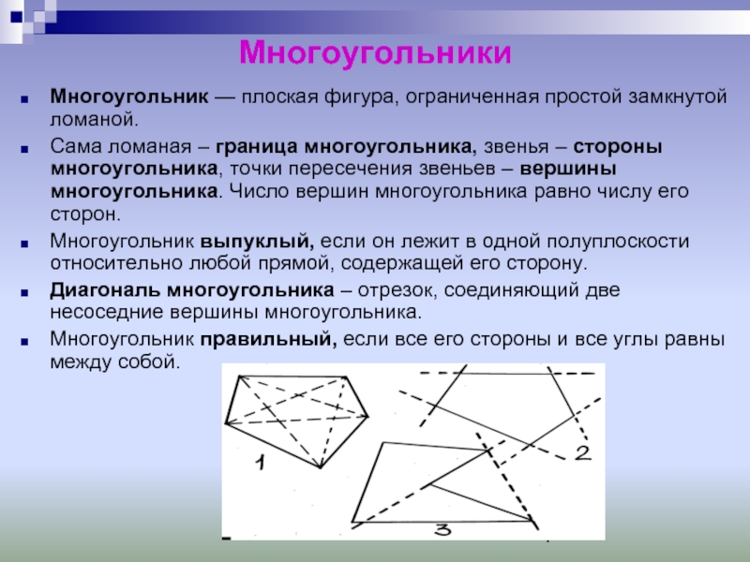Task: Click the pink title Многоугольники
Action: [x=375, y=53]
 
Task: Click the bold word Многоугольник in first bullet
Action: [x=129, y=97]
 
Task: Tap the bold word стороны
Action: [x=618, y=147]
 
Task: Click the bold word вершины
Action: [x=568, y=170]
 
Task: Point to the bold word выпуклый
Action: [x=257, y=242]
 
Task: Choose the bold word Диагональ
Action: [x=105, y=290]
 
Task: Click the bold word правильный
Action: [x=268, y=339]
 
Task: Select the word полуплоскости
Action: [x=618, y=242]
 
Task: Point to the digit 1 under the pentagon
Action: [x=261, y=463]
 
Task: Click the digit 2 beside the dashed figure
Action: [x=583, y=453]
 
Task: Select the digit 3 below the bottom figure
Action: [x=442, y=529]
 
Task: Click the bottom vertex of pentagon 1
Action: [x=320, y=467]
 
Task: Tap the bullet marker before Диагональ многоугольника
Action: [x=24, y=292]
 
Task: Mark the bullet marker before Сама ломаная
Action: [x=24, y=149]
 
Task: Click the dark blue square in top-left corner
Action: [x=16, y=17]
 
